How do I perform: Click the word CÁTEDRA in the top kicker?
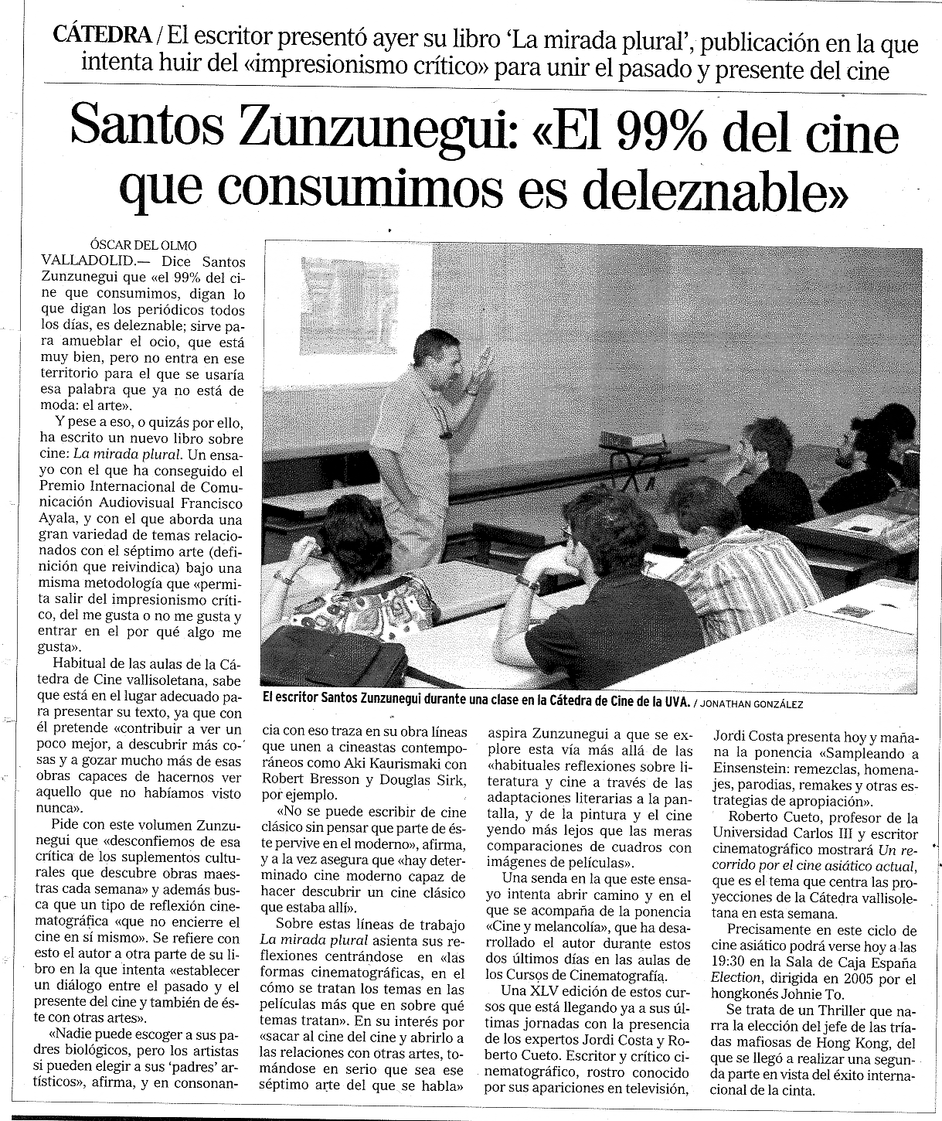(x=103, y=35)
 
